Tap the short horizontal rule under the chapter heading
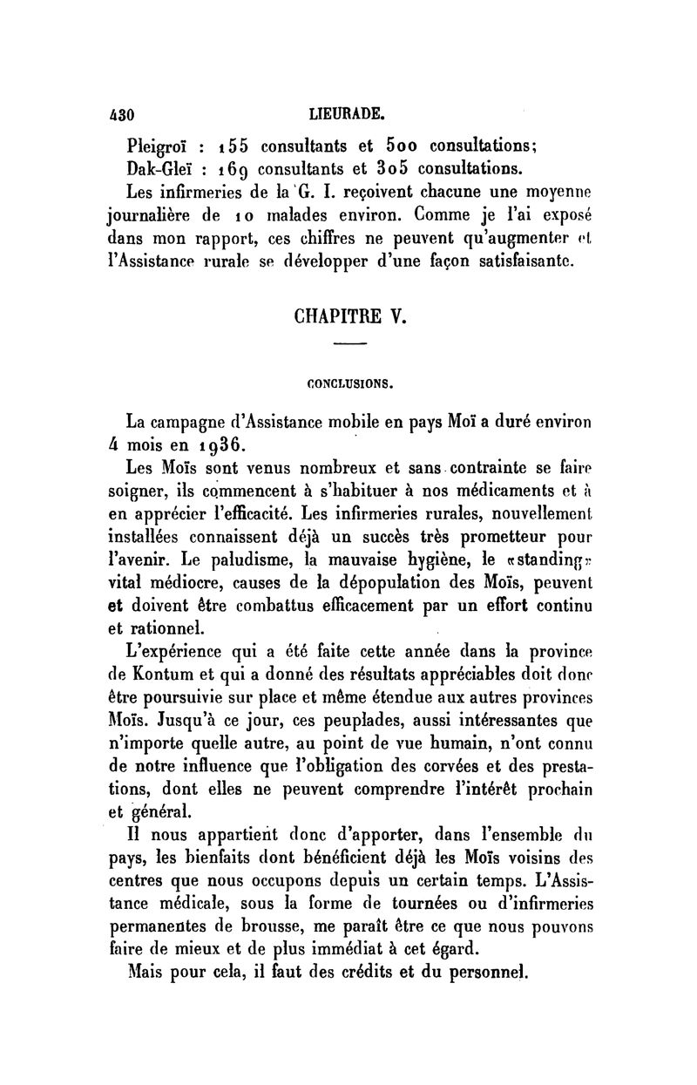tap(348, 348)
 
